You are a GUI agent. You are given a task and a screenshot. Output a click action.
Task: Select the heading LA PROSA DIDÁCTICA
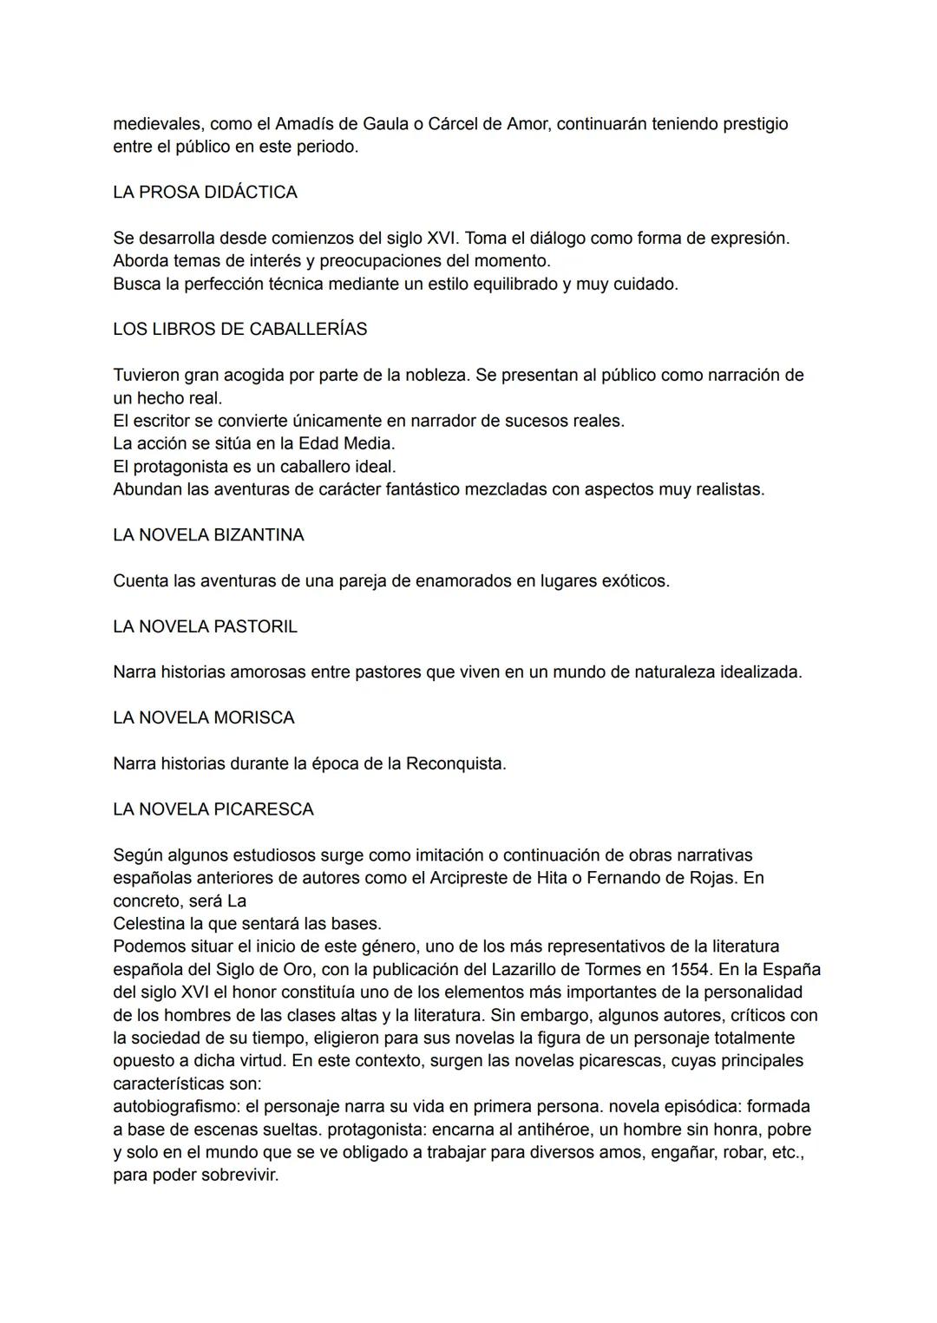(205, 193)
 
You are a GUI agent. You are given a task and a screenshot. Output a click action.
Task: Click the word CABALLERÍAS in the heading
(308, 330)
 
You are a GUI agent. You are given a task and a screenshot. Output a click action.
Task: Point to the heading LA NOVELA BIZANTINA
(208, 535)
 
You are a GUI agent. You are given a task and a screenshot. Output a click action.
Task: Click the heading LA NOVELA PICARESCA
(213, 809)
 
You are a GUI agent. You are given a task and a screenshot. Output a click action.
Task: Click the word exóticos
(636, 581)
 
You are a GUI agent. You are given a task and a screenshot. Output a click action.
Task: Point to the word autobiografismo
(176, 1107)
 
